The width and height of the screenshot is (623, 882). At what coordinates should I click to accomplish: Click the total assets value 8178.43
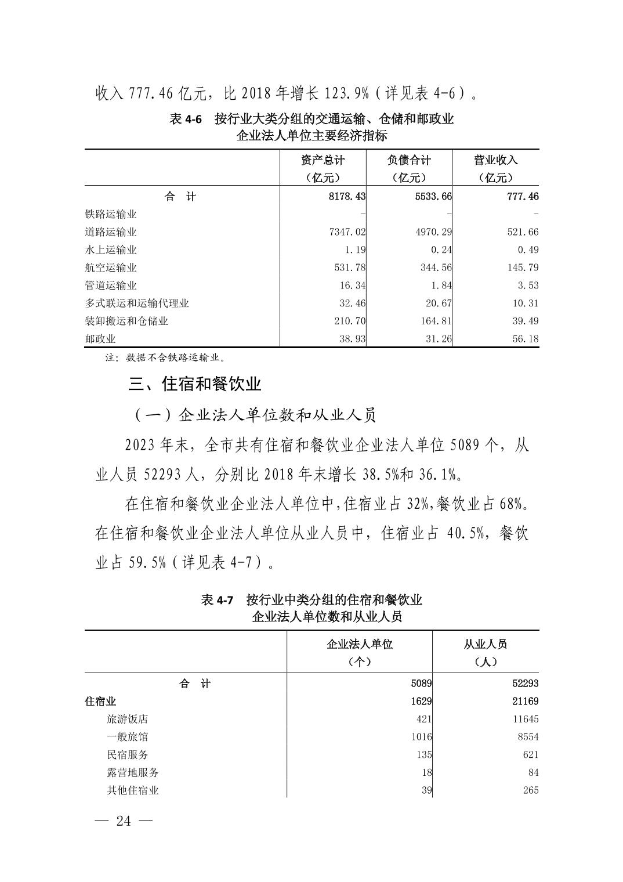pyautogui.click(x=347, y=197)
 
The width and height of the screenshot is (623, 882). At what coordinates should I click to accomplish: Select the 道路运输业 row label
pyautogui.click(x=111, y=232)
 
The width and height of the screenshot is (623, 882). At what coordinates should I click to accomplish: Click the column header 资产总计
pyautogui.click(x=323, y=160)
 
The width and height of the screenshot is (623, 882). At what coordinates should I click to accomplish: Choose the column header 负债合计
pyautogui.click(x=409, y=160)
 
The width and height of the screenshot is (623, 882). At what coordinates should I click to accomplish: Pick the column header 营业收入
pyautogui.click(x=496, y=160)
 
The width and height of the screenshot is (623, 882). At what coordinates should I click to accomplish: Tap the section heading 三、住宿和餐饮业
pyautogui.click(x=195, y=384)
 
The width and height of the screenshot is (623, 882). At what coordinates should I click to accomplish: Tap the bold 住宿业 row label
pyautogui.click(x=100, y=702)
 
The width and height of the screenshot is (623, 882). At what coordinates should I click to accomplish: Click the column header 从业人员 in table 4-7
pyautogui.click(x=486, y=644)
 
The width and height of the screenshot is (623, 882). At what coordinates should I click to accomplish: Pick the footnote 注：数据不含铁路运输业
pyautogui.click(x=165, y=358)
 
